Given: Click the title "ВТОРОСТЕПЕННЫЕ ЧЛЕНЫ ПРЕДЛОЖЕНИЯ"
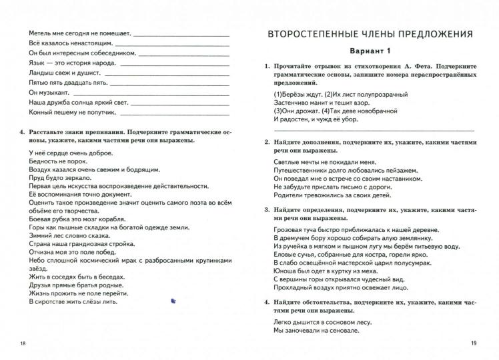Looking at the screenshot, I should [371, 33].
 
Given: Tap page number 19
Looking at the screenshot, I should [474, 343].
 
